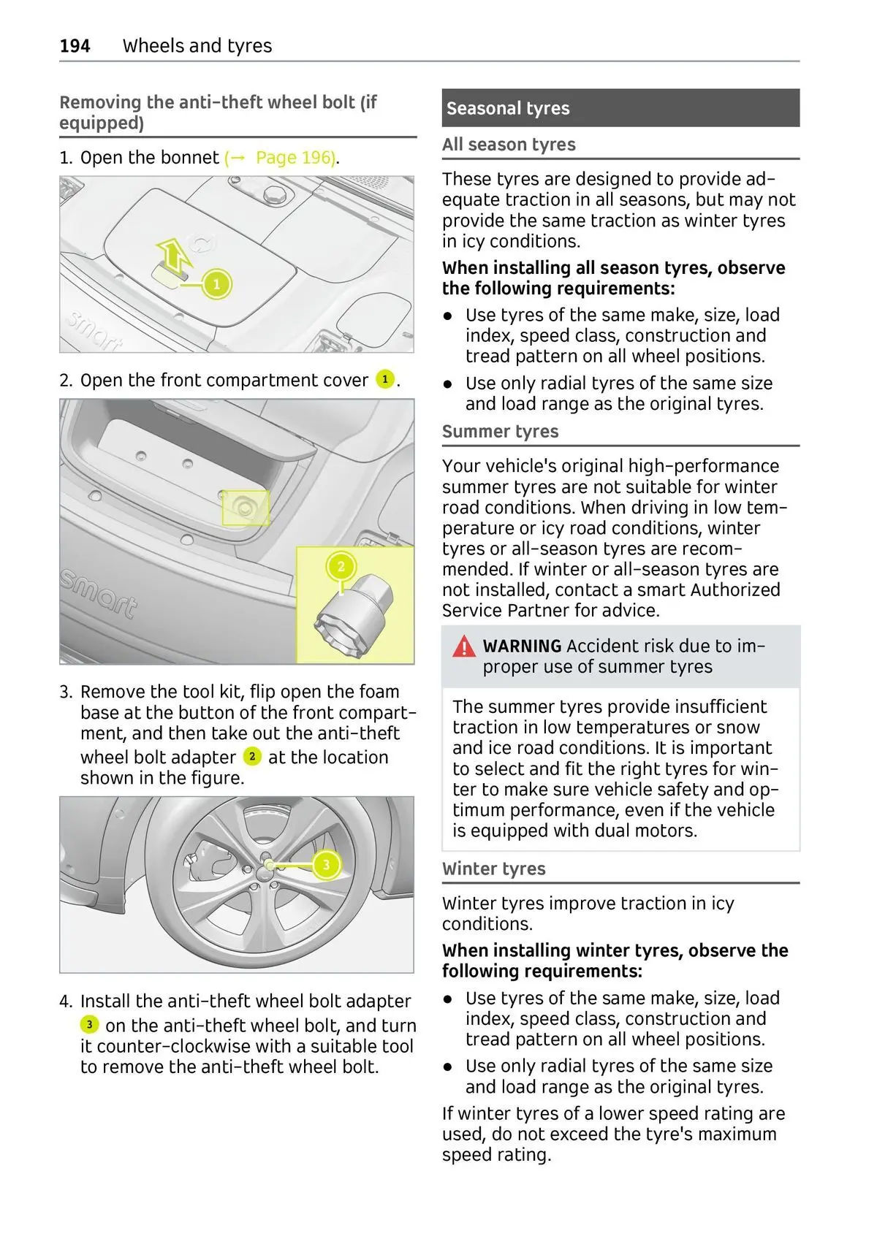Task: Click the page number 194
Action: (x=75, y=46)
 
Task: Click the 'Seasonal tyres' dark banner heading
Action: (x=508, y=108)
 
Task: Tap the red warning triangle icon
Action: (x=463, y=646)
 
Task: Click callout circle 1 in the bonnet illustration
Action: (x=216, y=284)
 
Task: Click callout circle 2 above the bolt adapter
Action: (x=341, y=566)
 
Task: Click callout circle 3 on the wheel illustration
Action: (x=326, y=865)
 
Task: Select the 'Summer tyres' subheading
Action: (x=500, y=432)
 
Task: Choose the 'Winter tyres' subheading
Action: (x=493, y=869)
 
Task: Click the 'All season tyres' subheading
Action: (x=509, y=145)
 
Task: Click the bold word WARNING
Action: (x=522, y=646)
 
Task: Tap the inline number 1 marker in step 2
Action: (x=384, y=380)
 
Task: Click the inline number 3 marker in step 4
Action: (x=89, y=1024)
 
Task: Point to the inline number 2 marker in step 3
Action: (x=251, y=756)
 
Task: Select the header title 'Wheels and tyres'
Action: (x=197, y=46)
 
